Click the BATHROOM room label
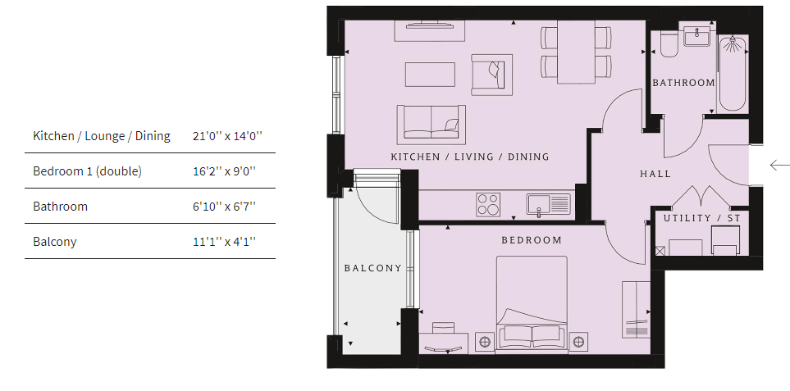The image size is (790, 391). click(x=683, y=83)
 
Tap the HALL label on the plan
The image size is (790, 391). click(x=655, y=174)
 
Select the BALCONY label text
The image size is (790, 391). click(x=372, y=268)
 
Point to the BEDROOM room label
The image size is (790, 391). click(x=532, y=240)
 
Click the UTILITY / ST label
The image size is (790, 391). click(x=702, y=218)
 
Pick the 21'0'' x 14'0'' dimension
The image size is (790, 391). click(x=228, y=136)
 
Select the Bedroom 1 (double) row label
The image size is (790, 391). click(x=87, y=171)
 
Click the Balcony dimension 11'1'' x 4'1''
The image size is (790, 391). click(x=224, y=242)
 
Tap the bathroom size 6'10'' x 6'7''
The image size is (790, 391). click(x=224, y=207)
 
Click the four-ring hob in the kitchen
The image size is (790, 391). click(x=488, y=205)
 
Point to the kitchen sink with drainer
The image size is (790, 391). click(x=549, y=205)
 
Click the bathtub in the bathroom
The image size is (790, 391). click(x=732, y=74)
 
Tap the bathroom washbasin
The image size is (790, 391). click(x=696, y=36)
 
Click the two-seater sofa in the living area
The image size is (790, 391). click(x=432, y=122)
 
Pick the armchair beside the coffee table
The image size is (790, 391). click(x=491, y=75)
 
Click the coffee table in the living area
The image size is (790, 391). click(x=430, y=75)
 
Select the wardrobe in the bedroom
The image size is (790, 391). click(x=636, y=310)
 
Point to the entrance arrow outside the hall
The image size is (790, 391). click(x=780, y=165)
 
